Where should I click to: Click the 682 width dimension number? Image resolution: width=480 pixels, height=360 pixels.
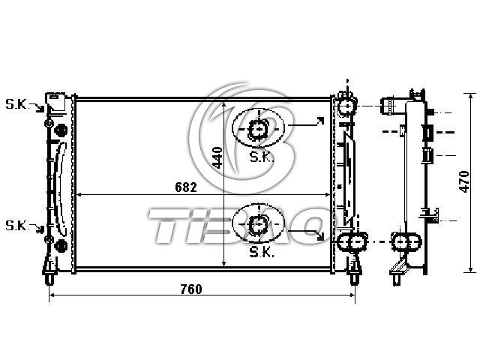click(186, 187)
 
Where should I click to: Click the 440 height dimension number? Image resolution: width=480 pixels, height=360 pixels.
click(217, 157)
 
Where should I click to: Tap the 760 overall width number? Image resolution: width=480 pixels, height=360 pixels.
click(191, 289)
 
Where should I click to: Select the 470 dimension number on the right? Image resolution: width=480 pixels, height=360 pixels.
click(464, 181)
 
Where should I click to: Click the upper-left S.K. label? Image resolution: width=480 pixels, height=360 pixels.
click(16, 104)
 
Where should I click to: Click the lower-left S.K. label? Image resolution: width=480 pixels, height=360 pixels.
click(16, 226)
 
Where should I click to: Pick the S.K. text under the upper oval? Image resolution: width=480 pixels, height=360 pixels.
click(261, 157)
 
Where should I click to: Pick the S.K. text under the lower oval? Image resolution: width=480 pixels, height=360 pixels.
click(261, 253)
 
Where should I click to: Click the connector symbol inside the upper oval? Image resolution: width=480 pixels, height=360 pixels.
click(258, 129)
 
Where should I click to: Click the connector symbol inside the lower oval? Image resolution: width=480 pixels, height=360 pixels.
click(258, 224)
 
